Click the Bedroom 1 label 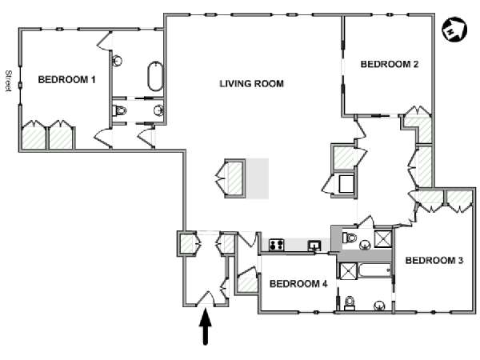click(66, 80)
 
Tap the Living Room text click(252, 83)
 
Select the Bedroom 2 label click(390, 64)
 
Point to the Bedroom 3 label click(434, 261)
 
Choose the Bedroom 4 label click(298, 284)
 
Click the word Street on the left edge click(8, 81)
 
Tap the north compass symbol click(454, 29)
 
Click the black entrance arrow click(206, 326)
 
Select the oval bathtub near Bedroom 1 click(155, 77)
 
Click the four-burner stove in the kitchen click(277, 245)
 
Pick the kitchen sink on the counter click(314, 246)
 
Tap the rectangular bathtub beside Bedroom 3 click(374, 270)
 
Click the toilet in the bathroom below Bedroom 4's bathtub click(350, 302)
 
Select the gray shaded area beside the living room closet click(258, 178)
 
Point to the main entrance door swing click(205, 298)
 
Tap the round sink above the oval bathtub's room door click(117, 61)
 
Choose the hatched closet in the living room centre click(235, 178)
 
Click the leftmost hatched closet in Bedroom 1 click(34, 138)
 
